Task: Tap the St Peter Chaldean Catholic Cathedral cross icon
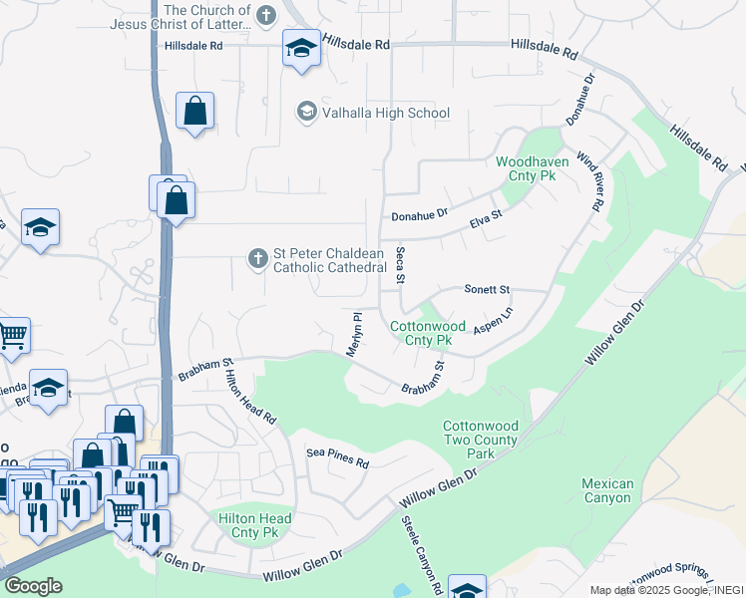pyautogui.click(x=256, y=260)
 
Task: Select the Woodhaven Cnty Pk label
pyautogui.click(x=525, y=167)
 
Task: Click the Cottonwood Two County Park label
pyautogui.click(x=481, y=440)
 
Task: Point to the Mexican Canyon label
pyautogui.click(x=607, y=490)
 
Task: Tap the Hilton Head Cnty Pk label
pyautogui.click(x=255, y=525)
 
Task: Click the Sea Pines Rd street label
pyautogui.click(x=337, y=458)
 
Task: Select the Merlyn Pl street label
pyautogui.click(x=354, y=332)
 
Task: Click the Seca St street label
pyautogui.click(x=400, y=265)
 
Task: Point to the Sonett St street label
pyautogui.click(x=487, y=289)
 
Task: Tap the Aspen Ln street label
pyautogui.click(x=493, y=320)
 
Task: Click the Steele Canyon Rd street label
pyautogui.click(x=422, y=555)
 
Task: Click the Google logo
pyautogui.click(x=32, y=586)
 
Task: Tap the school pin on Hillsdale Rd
pyautogui.click(x=301, y=47)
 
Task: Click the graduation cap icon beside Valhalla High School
pyautogui.click(x=307, y=113)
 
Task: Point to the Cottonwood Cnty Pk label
pyautogui.click(x=428, y=333)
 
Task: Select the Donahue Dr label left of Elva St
pyautogui.click(x=420, y=214)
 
